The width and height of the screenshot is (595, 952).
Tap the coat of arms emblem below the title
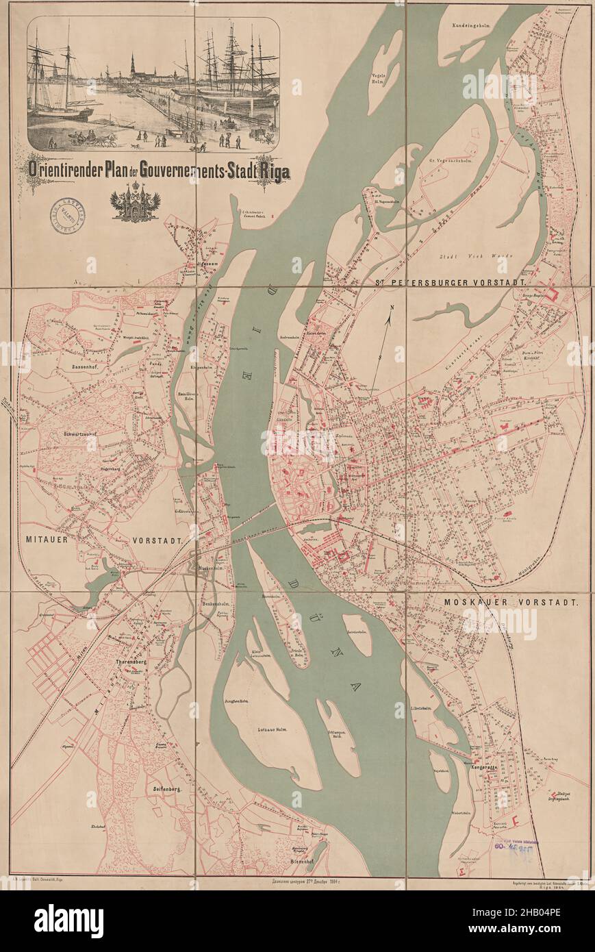pyautogui.click(x=135, y=203)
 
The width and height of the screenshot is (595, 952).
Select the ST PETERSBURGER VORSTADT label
pyautogui.click(x=450, y=282)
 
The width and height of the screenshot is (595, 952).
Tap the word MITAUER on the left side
pyautogui.click(x=47, y=540)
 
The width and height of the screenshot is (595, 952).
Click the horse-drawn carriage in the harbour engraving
pyautogui.click(x=101, y=140)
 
